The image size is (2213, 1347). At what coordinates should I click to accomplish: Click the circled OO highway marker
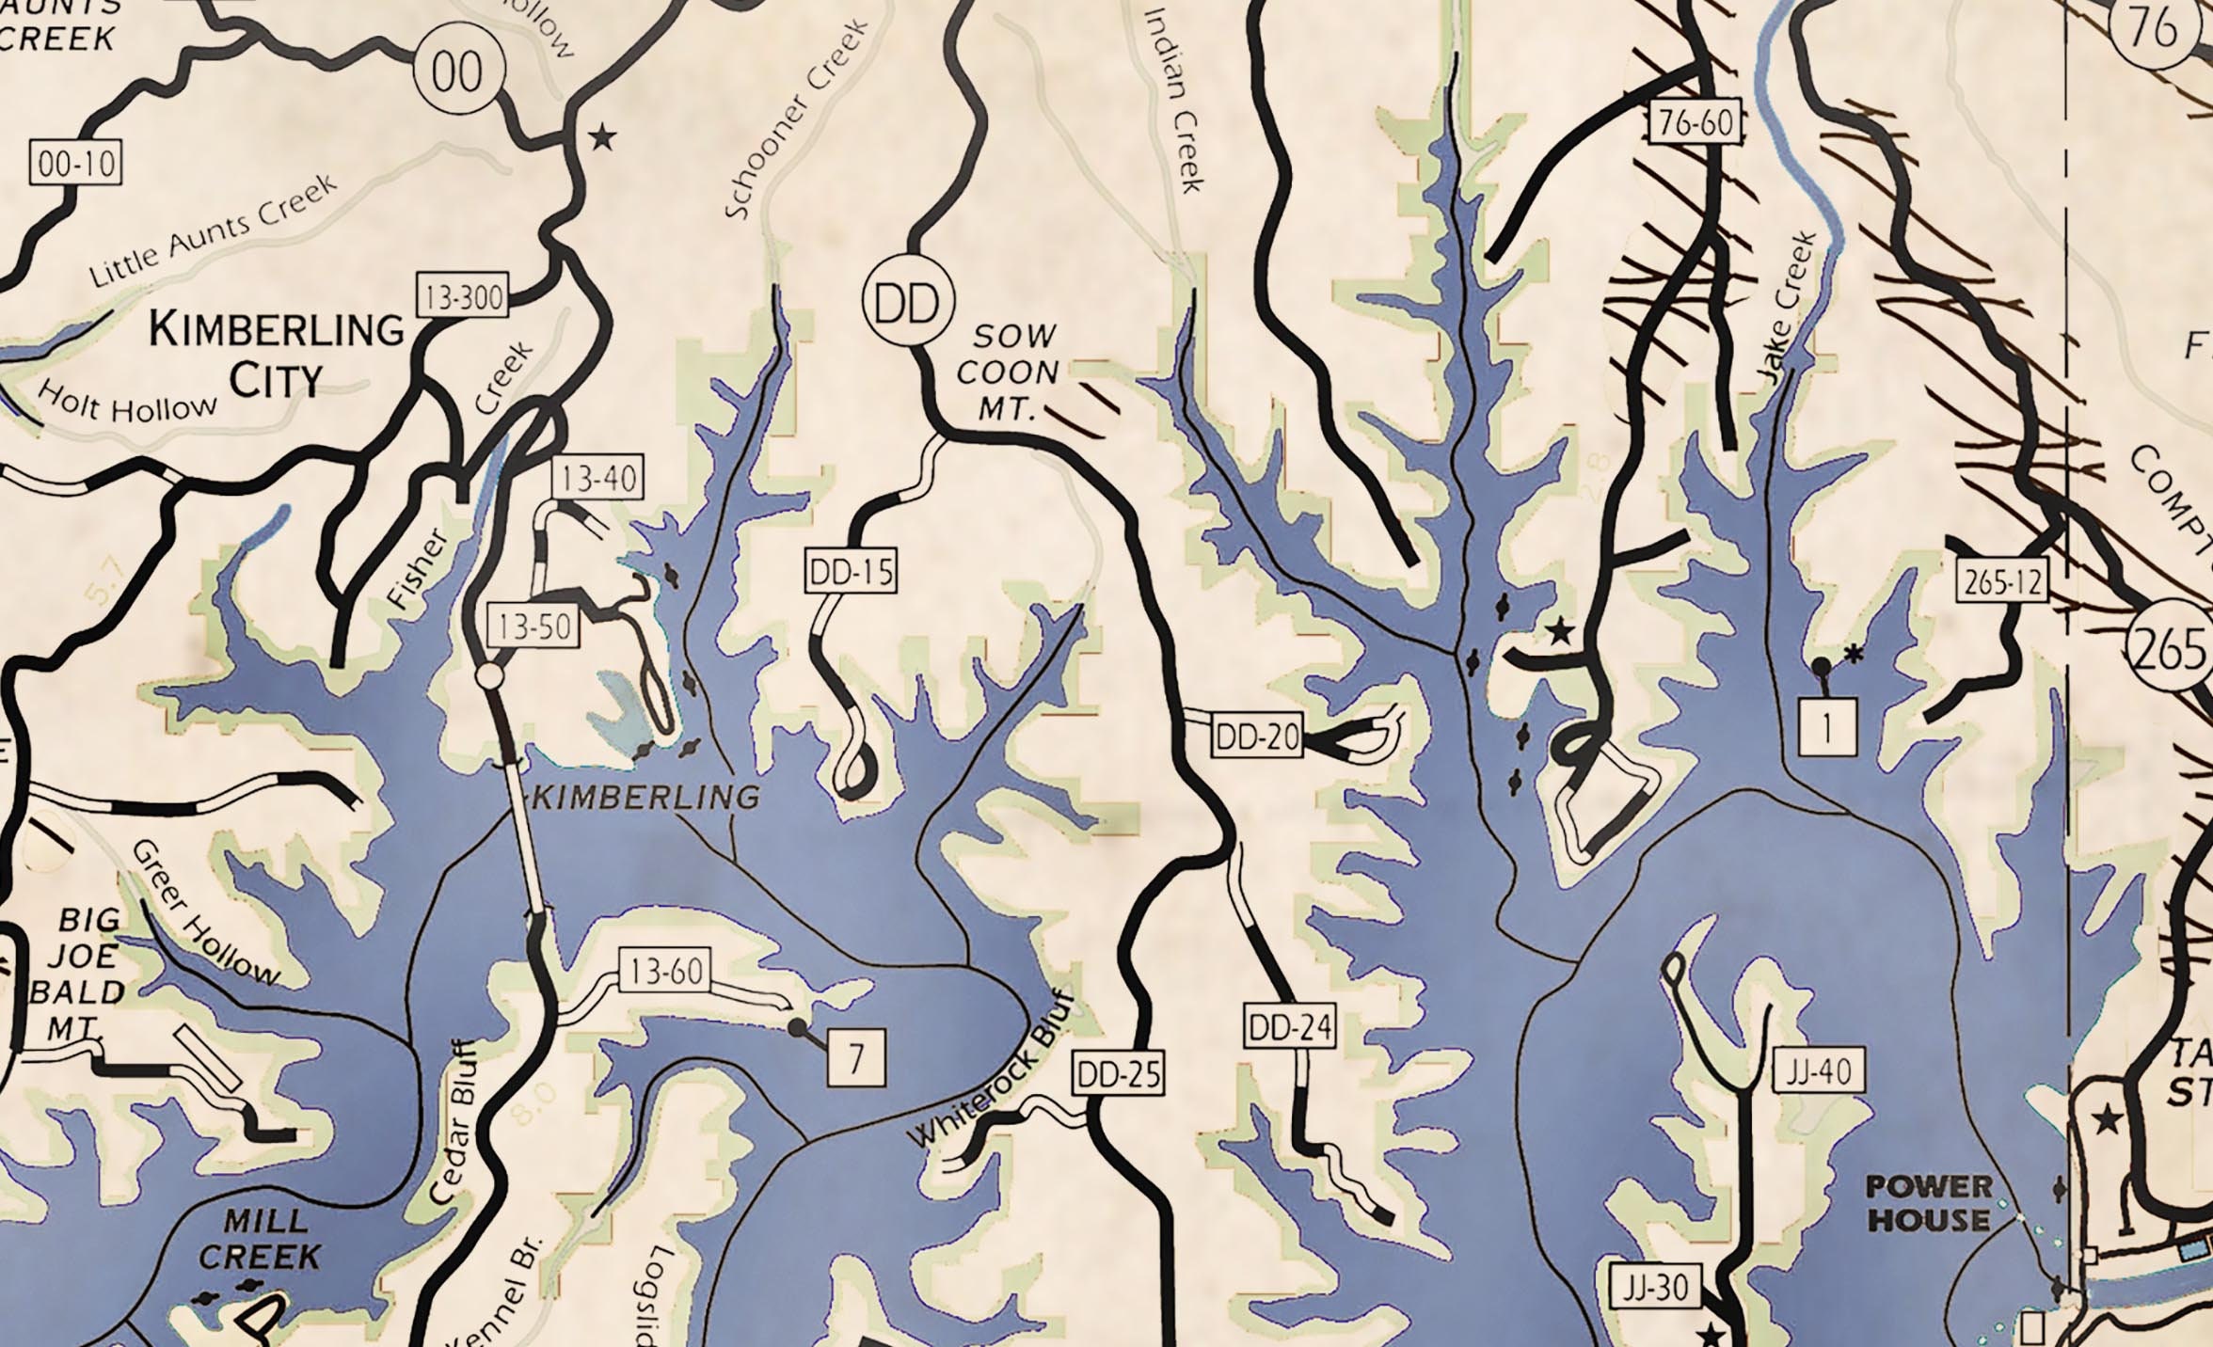click(458, 71)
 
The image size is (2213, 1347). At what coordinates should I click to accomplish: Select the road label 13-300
click(463, 297)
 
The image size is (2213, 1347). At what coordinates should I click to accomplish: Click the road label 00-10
click(76, 164)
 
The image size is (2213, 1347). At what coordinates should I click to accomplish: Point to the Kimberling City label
click(277, 355)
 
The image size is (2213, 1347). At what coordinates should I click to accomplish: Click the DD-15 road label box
click(851, 571)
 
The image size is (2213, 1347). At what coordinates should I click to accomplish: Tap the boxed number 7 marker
click(856, 1058)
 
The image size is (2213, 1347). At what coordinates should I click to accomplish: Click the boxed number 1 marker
click(1827, 727)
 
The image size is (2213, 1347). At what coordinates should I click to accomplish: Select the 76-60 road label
click(1696, 123)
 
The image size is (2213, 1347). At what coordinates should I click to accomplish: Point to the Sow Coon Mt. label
click(1010, 372)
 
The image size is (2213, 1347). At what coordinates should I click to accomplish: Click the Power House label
click(1929, 1203)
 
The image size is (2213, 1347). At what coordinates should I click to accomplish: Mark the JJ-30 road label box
click(1656, 1287)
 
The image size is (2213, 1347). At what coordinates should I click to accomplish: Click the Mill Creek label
click(259, 1238)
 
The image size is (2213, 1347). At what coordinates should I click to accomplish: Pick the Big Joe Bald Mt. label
click(87, 974)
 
